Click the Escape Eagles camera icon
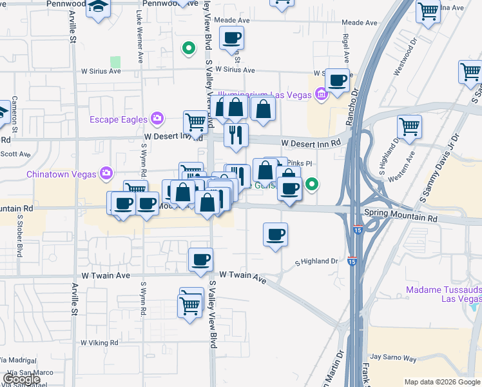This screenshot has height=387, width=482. (157, 119)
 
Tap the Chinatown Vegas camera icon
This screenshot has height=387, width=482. (106, 174)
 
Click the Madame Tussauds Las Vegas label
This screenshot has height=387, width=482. (443, 294)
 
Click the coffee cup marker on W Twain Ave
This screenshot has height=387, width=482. (200, 260)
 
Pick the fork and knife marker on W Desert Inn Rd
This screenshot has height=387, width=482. (236, 135)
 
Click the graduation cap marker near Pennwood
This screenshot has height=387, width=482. (99, 8)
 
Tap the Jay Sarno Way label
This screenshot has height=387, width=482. (392, 357)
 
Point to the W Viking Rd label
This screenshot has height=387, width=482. (99, 343)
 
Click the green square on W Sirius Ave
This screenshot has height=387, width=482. (115, 62)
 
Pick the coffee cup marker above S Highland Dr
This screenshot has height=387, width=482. (276, 235)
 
